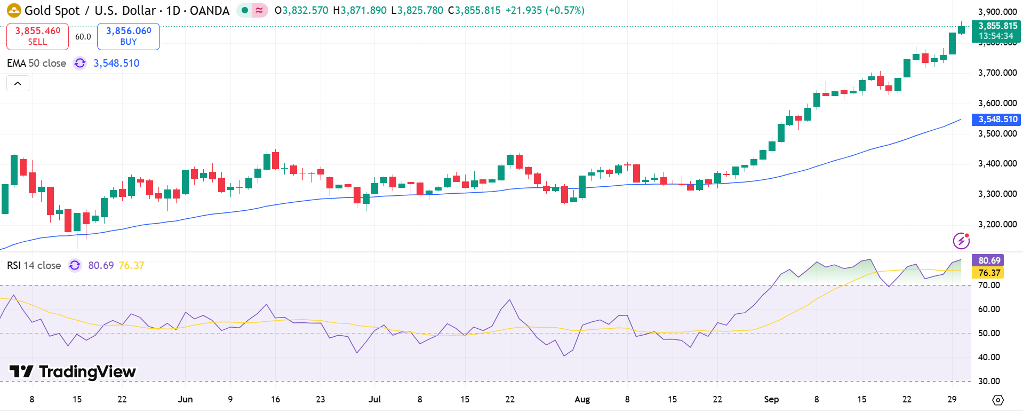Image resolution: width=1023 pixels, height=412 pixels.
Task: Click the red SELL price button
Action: pyautogui.click(x=37, y=36)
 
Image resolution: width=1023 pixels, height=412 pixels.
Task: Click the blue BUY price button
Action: pyautogui.click(x=129, y=36)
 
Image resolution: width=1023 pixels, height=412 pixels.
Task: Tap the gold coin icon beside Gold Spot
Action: pyautogui.click(x=14, y=10)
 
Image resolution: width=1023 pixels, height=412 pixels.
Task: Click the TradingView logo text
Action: pyautogui.click(x=73, y=371)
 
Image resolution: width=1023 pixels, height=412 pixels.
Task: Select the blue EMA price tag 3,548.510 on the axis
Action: pyautogui.click(x=996, y=120)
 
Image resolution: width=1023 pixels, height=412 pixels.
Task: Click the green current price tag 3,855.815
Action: pyautogui.click(x=996, y=30)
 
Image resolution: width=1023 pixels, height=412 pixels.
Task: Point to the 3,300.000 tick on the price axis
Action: pyautogui.click(x=997, y=194)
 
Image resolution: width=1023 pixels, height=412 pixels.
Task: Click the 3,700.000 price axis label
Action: pyautogui.click(x=997, y=73)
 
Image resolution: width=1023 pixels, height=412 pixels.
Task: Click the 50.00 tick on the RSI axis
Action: pyautogui.click(x=988, y=333)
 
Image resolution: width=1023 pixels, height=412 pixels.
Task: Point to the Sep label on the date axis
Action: pyautogui.click(x=771, y=399)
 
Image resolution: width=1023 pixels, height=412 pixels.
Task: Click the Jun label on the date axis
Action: pyautogui.click(x=185, y=399)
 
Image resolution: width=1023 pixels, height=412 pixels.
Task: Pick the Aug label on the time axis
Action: pyautogui.click(x=582, y=399)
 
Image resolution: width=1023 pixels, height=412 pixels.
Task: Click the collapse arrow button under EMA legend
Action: pyautogui.click(x=18, y=83)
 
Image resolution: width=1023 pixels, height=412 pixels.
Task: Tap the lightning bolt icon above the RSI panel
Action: pyautogui.click(x=961, y=241)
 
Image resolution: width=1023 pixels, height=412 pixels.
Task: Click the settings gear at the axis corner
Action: pyautogui.click(x=998, y=400)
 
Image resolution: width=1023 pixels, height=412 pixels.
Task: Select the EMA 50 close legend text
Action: pyautogui.click(x=36, y=63)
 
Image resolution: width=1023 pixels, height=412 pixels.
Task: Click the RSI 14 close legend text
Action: pyautogui.click(x=34, y=265)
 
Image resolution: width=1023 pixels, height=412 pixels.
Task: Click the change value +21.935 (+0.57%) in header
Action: pyautogui.click(x=545, y=10)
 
